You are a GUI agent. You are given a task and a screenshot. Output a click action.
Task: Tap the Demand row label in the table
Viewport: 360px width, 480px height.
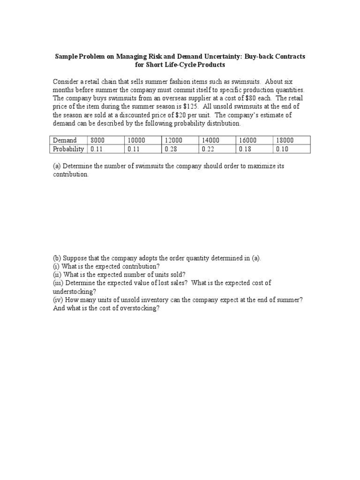[x=65, y=140]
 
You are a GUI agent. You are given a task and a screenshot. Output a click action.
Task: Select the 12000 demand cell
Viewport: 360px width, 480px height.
[x=173, y=140]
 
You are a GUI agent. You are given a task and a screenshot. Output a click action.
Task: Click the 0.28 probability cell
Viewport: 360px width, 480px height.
[x=171, y=149]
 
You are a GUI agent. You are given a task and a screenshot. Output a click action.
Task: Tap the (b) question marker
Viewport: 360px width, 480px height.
[x=57, y=258]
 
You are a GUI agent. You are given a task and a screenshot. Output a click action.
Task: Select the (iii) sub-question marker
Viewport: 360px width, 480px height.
[x=59, y=283]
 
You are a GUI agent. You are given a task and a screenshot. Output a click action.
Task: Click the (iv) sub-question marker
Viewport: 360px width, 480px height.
[x=59, y=300]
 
